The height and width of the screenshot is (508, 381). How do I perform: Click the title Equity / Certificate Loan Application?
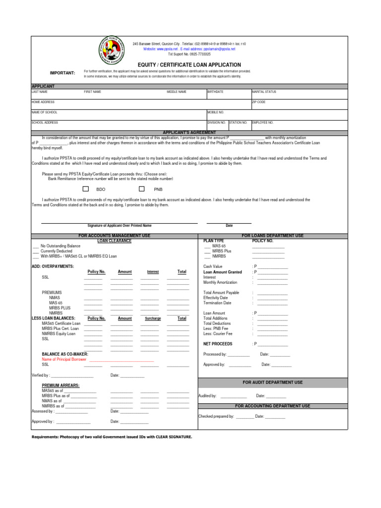tap(190, 65)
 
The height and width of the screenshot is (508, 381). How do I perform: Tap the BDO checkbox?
tap(86, 189)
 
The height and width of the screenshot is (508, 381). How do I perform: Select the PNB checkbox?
tap(142, 189)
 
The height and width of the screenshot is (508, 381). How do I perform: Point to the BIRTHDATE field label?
tap(215, 92)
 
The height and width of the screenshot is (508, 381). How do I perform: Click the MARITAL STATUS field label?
tap(264, 92)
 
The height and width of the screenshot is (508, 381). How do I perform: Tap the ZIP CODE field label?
tap(259, 102)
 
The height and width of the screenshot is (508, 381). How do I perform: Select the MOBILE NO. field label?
tap(216, 112)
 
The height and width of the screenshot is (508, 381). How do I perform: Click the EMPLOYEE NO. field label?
tap(262, 122)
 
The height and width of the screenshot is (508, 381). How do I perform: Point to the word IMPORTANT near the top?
tap(63, 73)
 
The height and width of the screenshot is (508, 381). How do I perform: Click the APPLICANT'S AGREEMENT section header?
tap(190, 132)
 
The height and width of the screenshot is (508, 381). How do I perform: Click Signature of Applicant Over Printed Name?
tap(119, 225)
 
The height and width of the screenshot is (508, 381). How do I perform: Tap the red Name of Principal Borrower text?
tap(64, 359)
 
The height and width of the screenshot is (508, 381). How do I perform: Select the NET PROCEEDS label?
tap(218, 344)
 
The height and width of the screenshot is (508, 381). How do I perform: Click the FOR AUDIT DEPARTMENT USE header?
tap(272, 382)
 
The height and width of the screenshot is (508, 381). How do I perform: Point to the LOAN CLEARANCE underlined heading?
tap(114, 241)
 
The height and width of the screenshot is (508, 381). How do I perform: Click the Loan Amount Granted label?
tap(223, 272)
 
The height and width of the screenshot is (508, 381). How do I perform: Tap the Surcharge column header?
tap(153, 318)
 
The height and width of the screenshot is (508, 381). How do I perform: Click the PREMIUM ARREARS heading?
tap(61, 385)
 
